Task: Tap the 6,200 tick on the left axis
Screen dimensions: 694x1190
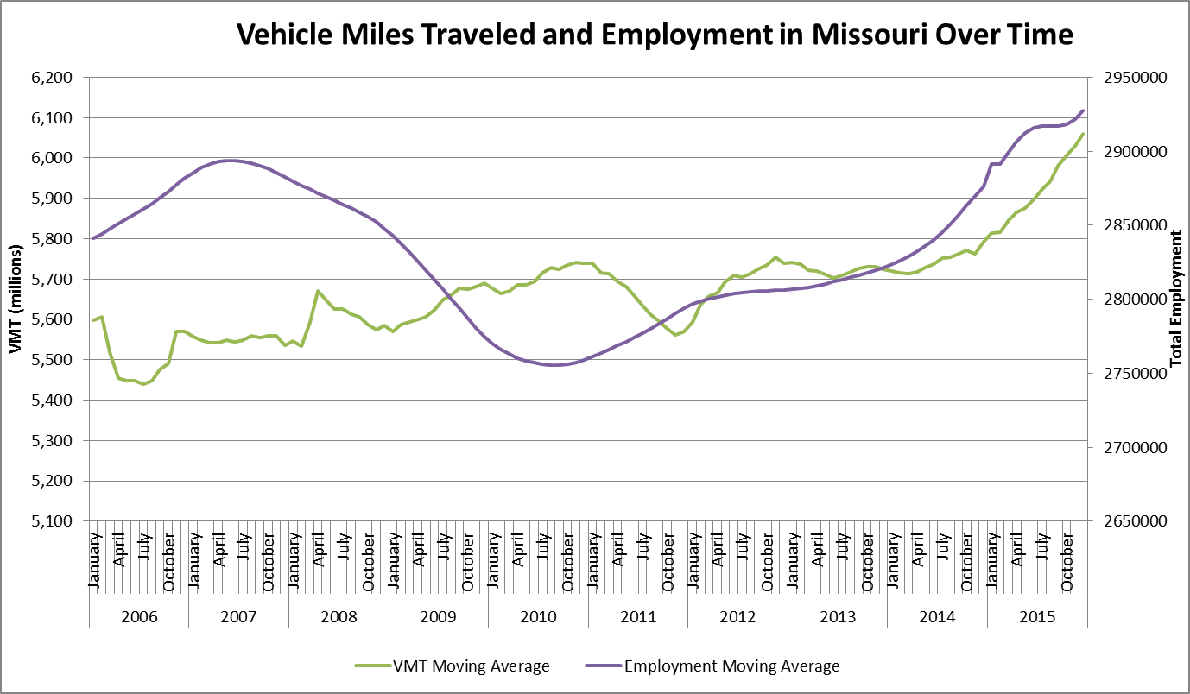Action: [53, 78]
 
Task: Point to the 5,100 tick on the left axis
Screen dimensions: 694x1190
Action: [53, 521]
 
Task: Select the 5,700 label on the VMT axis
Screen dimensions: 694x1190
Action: [53, 280]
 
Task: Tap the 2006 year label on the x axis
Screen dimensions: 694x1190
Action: [138, 617]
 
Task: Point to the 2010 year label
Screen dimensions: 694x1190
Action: [538, 617]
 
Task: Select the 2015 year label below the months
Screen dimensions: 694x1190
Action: [1037, 617]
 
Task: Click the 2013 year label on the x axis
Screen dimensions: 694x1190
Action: [838, 617]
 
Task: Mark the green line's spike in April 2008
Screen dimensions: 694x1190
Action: [318, 291]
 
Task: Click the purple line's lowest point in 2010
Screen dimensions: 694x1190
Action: [553, 365]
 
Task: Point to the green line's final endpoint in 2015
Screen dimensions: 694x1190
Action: [1083, 134]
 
